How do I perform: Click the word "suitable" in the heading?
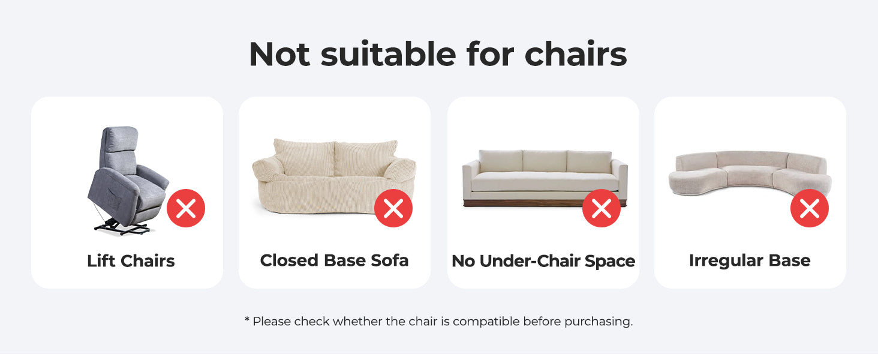[x=388, y=54]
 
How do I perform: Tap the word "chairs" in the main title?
[x=575, y=54]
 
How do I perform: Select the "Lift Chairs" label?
[x=131, y=261]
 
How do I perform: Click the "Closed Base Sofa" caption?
[x=334, y=260]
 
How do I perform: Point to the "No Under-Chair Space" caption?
[x=543, y=261]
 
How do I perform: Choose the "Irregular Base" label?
[x=750, y=261]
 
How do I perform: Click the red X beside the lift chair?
[x=186, y=208]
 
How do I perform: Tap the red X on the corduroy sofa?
[x=393, y=208]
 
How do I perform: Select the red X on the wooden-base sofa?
[x=602, y=208]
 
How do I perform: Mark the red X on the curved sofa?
[x=810, y=208]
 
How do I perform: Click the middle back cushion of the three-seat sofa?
[x=545, y=161]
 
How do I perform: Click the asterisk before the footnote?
[x=247, y=319]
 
